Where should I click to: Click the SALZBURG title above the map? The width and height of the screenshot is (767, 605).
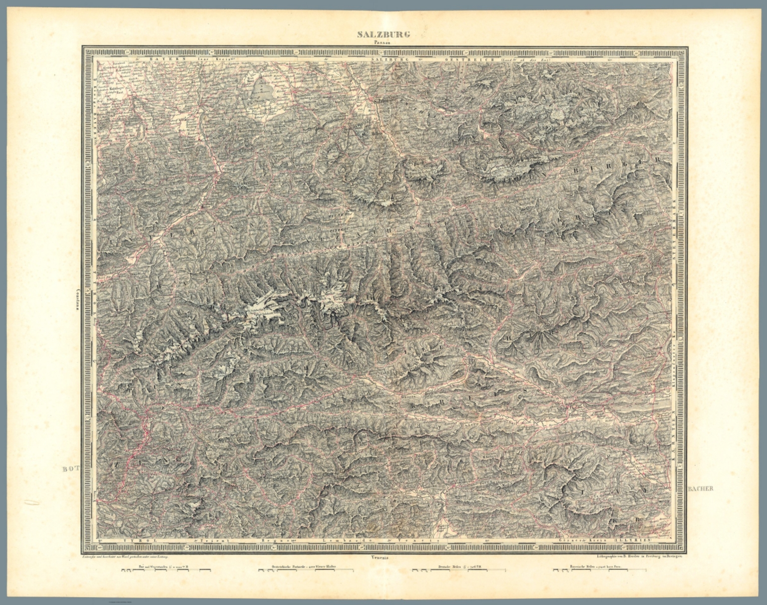383,34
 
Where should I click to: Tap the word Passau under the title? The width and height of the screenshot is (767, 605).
383,42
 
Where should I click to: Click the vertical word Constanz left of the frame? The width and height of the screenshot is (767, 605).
78,298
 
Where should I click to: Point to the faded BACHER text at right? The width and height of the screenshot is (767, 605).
702,489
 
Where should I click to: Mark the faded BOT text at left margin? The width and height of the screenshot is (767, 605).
70,469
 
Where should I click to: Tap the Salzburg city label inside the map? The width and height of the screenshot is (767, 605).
382,101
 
